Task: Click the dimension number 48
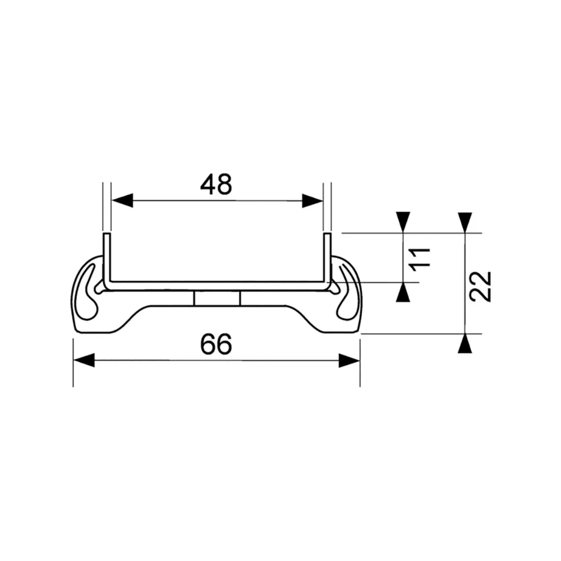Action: coord(216,185)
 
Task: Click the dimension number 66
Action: coord(216,344)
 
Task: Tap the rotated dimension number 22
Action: coord(481,286)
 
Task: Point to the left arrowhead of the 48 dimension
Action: coord(122,201)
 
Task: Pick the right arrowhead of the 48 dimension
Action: coord(312,201)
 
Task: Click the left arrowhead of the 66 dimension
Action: coord(84,360)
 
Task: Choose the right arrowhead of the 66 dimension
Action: coord(349,360)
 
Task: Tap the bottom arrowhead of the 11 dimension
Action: coord(403,293)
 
